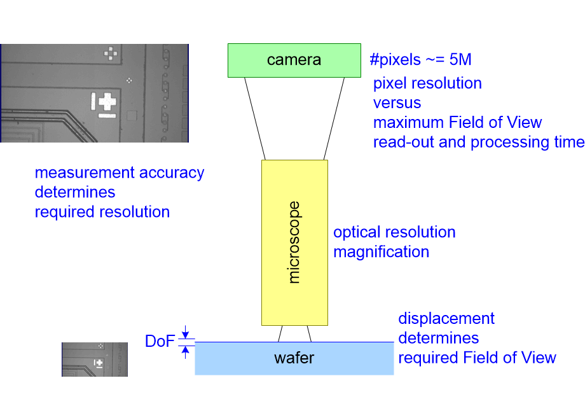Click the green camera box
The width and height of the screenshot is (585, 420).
[294, 60]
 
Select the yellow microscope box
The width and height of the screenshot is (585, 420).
[294, 242]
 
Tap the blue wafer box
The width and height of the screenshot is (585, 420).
[294, 358]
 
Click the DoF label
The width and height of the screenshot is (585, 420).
[160, 342]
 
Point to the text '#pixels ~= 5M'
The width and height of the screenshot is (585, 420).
[420, 60]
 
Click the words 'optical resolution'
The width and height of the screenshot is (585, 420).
[394, 232]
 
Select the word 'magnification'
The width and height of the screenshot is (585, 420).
[381, 252]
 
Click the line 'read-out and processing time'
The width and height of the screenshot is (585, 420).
[478, 142]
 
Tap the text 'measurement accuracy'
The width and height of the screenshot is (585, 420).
[120, 172]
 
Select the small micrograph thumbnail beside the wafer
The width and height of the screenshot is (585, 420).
[94, 359]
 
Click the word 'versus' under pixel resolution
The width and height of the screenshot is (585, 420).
[397, 102]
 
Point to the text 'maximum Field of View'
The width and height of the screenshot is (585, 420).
[457, 122]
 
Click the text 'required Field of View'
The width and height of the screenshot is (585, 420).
[477, 358]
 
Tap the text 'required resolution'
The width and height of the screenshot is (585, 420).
[102, 212]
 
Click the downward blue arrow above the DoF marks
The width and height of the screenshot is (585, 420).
[185, 332]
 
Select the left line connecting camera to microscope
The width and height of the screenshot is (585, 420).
[254, 118]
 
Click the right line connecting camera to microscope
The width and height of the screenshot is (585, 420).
[334, 118]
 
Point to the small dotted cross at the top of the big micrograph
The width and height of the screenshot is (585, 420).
[111, 53]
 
